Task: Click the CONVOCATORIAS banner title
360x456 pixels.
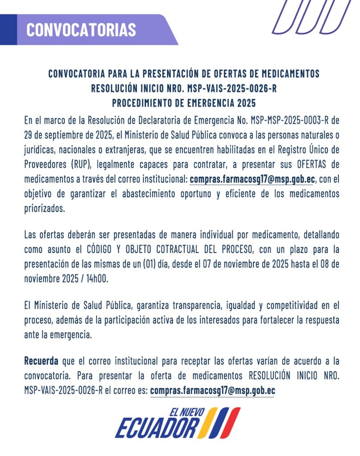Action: pyautogui.click(x=81, y=29)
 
